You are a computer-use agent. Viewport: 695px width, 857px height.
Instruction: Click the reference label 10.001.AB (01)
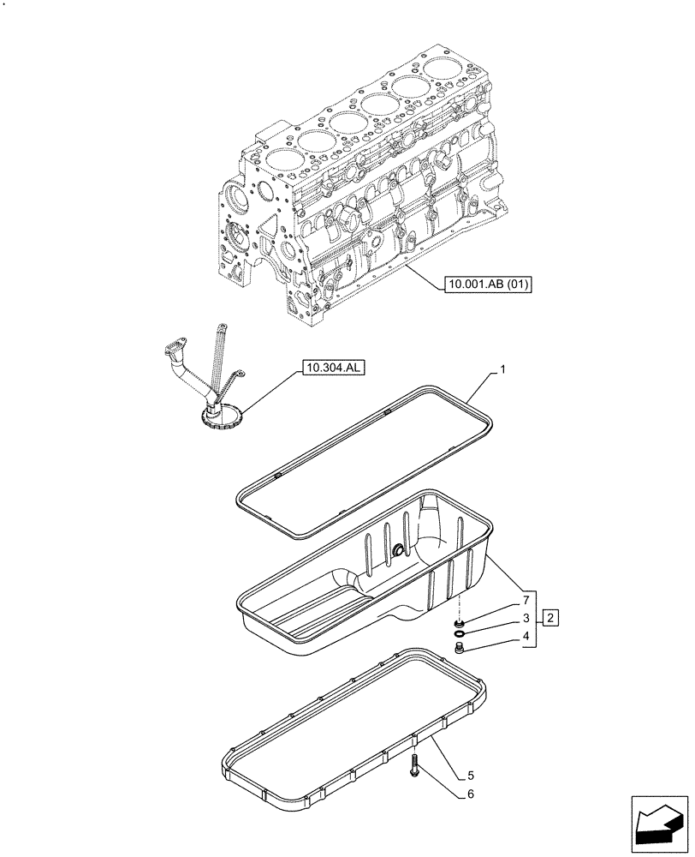click(x=488, y=284)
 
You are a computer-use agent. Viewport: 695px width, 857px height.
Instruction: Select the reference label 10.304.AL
click(x=332, y=369)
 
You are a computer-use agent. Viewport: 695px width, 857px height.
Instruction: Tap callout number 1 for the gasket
click(x=503, y=370)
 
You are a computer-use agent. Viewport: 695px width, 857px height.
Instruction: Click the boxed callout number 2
click(x=552, y=618)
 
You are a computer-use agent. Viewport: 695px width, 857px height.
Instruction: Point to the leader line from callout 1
click(x=484, y=384)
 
